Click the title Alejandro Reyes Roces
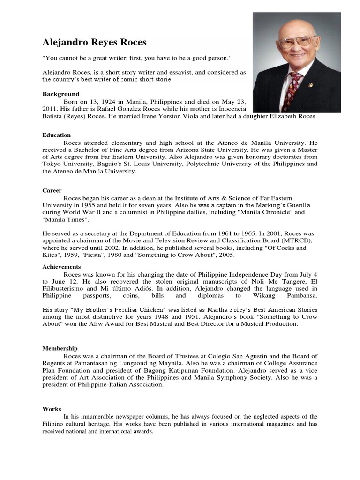(x=94, y=43)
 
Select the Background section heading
(x=61, y=94)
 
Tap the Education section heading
(x=57, y=135)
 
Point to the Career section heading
(x=52, y=191)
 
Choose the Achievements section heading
(x=61, y=266)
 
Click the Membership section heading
(x=60, y=348)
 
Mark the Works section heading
(x=52, y=409)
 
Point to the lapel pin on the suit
(x=323, y=85)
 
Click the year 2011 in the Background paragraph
(x=50, y=109)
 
